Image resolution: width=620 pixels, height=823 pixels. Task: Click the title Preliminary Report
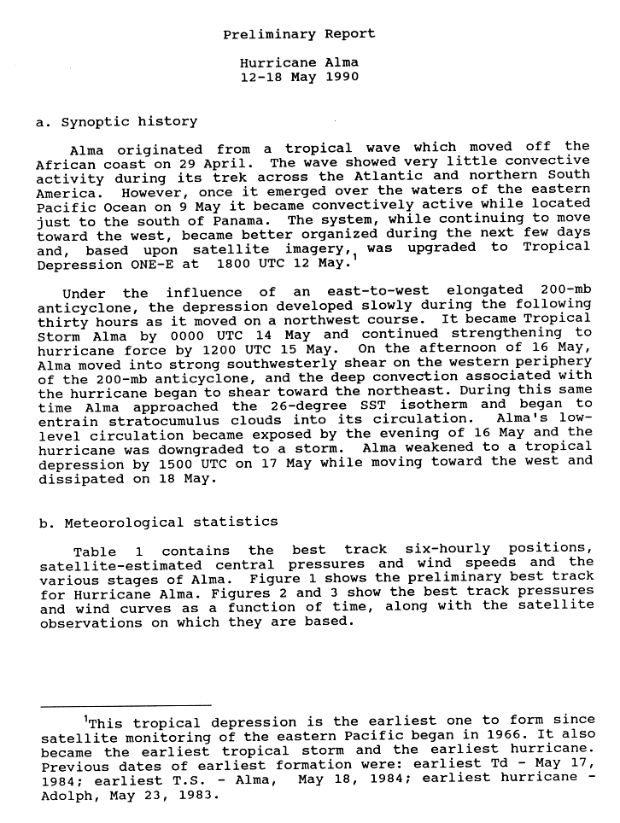[299, 34]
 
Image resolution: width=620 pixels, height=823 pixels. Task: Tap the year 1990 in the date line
[342, 77]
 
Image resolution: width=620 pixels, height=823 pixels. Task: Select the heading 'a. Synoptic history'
[117, 121]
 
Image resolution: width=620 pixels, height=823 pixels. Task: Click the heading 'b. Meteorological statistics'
[158, 522]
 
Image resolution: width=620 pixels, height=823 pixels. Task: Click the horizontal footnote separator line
[126, 705]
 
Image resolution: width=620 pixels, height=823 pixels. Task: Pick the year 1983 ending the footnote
[196, 793]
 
